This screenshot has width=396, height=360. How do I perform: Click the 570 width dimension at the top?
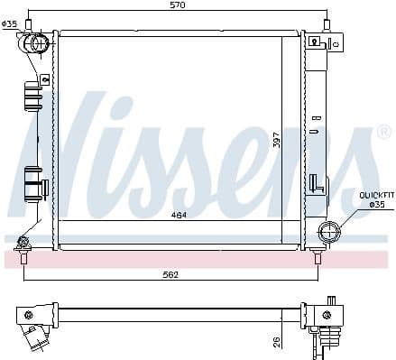[x=177, y=6]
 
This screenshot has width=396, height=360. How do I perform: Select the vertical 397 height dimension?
[x=277, y=142]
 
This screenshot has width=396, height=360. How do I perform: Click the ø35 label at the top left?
[x=10, y=24]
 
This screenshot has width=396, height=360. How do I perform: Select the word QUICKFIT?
[x=376, y=195]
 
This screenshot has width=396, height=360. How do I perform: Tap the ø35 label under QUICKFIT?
[x=377, y=205]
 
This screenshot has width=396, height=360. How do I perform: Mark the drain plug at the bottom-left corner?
[x=23, y=241]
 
